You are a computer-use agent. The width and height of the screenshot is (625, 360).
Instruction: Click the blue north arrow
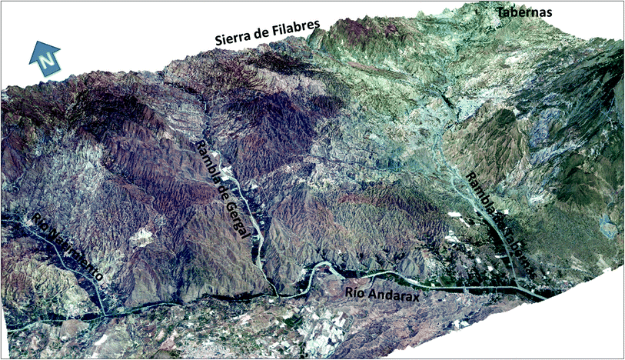pos(45,58)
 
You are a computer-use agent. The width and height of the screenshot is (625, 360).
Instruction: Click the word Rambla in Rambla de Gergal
pos(205,158)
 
